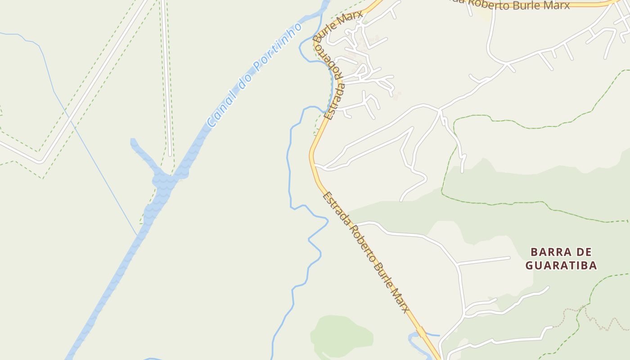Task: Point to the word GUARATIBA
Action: pyautogui.click(x=561, y=265)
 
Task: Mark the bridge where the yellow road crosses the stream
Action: pyautogui.click(x=422, y=332)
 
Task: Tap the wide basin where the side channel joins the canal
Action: pyautogui.click(x=165, y=180)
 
